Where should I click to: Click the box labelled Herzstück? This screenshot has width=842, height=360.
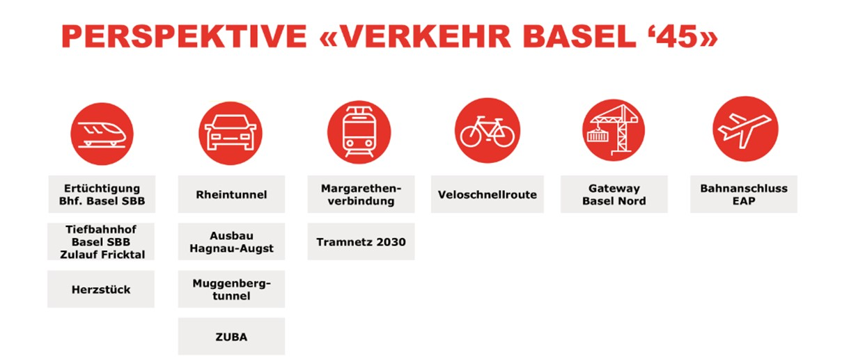pos(101,289)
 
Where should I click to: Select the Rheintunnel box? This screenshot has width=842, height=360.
pos(231,194)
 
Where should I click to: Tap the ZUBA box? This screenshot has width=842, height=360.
pos(231,336)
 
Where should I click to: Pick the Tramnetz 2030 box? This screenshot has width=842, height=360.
pos(361,242)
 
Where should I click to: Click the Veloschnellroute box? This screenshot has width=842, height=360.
pos(488,194)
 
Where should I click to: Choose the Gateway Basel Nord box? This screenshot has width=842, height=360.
pos(614,194)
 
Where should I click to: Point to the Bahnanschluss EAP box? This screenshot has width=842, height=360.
pos(744,194)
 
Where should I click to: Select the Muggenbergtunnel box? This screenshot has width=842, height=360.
pos(231,289)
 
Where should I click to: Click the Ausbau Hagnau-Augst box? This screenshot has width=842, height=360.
pos(231,242)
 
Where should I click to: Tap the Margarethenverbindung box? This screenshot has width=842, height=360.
pos(361,194)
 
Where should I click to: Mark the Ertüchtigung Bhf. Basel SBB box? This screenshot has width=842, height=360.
pos(102,194)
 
